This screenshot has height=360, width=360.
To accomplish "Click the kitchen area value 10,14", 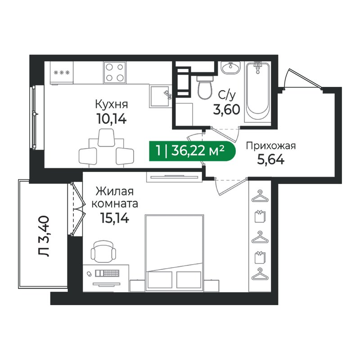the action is click(x=112, y=119).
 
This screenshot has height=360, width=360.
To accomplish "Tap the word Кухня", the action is click(x=111, y=105).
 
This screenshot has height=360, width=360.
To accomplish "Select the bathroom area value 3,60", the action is click(x=227, y=109).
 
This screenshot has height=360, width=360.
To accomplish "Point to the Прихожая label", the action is click(x=271, y=146).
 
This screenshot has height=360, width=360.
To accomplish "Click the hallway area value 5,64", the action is click(x=271, y=160).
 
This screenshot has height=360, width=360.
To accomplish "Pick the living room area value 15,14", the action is click(x=115, y=218).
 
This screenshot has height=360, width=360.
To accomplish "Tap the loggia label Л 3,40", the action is click(x=44, y=236).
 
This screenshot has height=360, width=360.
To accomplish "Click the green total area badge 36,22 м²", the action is click(x=193, y=151).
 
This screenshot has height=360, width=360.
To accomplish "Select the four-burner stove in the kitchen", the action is click(x=115, y=72).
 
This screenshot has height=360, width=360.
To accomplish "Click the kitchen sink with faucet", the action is click(x=161, y=96).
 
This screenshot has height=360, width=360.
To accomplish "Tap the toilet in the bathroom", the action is click(x=205, y=87).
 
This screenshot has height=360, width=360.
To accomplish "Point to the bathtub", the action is click(x=257, y=92).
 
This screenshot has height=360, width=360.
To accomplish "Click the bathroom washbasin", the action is click(x=231, y=67).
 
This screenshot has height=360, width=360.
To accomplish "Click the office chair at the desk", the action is click(x=103, y=252).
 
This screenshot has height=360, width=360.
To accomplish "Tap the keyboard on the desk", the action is click(x=107, y=273).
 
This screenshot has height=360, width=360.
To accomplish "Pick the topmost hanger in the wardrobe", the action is click(x=260, y=196).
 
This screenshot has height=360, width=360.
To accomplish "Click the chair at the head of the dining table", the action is click(x=106, y=137).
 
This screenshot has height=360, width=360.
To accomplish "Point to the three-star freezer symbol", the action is click(x=62, y=73).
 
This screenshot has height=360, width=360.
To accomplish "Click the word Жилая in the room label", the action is click(x=114, y=192).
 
